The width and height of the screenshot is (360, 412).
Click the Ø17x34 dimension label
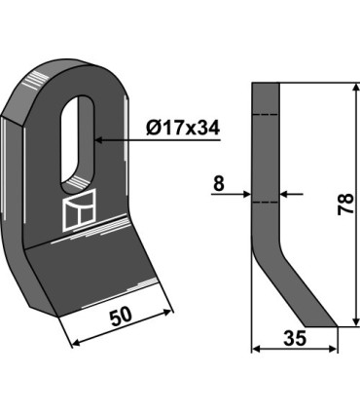coord(183,128)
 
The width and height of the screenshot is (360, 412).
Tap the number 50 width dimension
coord(121,317)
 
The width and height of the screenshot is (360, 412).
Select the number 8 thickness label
coord(219,183)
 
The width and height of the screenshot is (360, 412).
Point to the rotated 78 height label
coord(345,204)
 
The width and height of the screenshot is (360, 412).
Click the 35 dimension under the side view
coord(295,338)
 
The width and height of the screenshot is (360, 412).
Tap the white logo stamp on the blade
coord(79,211)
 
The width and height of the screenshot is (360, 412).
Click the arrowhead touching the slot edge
coord(98,140)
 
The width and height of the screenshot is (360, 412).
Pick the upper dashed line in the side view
coord(266,114)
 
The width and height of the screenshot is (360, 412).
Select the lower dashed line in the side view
coord(266,203)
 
